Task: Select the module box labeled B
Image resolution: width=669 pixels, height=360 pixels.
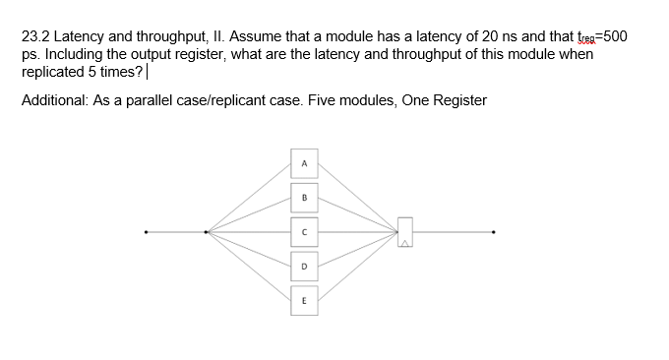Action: (x=305, y=196)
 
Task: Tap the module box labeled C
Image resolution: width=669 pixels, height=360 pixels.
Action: (x=305, y=232)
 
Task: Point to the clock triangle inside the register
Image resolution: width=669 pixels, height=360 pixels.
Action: (x=403, y=241)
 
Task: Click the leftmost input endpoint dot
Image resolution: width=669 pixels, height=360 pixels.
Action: (x=147, y=233)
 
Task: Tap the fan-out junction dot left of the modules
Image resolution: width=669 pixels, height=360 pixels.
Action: (x=206, y=233)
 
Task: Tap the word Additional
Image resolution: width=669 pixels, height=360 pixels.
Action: (x=55, y=100)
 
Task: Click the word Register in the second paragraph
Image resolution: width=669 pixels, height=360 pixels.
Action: (x=457, y=100)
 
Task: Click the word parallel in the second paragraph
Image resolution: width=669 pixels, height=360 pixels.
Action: (x=157, y=100)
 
